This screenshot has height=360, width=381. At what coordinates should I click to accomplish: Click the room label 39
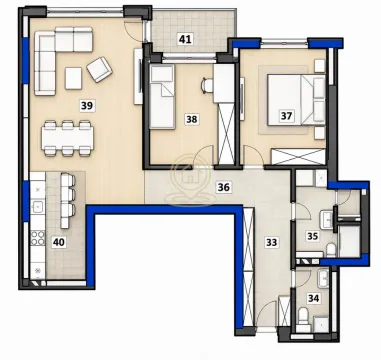pyautogui.click(x=87, y=106)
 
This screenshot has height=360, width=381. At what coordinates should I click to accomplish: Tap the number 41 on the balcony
pyautogui.click(x=185, y=40)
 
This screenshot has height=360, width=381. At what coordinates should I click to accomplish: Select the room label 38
pyautogui.click(x=192, y=119)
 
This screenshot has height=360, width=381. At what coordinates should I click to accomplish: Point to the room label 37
pyautogui.click(x=286, y=116)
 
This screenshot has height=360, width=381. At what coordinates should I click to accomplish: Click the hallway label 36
pyautogui.click(x=223, y=187)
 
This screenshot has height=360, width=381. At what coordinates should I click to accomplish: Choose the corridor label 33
pyautogui.click(x=272, y=242)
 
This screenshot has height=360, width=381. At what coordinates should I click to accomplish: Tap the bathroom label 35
pyautogui.click(x=313, y=236)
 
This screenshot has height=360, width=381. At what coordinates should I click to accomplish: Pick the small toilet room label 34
pyautogui.click(x=313, y=298)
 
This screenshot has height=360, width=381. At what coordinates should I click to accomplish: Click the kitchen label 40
pyautogui.click(x=58, y=242)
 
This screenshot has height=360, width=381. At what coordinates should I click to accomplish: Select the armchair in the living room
pyautogui.click(x=99, y=69)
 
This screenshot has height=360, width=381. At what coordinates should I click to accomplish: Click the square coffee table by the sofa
pyautogui.click(x=73, y=78)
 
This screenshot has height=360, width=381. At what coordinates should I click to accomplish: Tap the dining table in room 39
pyautogui.click(x=67, y=138)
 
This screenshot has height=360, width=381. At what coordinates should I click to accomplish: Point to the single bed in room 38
pyautogui.click(x=162, y=97)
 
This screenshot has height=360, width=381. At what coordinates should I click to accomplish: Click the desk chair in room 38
pyautogui.click(x=207, y=85)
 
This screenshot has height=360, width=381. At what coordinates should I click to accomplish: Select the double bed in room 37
pyautogui.click(x=296, y=100)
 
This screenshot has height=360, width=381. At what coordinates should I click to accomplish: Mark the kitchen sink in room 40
pyautogui.click(x=37, y=207)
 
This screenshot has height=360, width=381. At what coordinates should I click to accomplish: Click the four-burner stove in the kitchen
pyautogui.click(x=38, y=238)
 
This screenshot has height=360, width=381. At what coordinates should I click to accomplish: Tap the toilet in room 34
pyautogui.click(x=303, y=316)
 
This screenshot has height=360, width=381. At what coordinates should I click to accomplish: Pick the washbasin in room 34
pyautogui.click(x=323, y=278)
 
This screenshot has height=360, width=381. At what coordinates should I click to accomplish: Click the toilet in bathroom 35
pyautogui.click(x=331, y=250)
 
